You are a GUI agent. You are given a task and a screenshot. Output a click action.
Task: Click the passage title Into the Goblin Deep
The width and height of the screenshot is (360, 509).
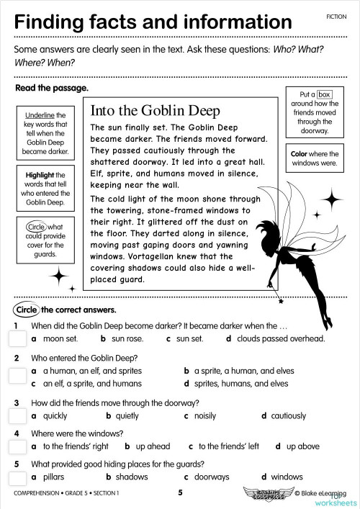point(154,112)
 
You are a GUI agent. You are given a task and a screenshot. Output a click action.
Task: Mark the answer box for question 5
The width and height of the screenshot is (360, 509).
point(17,472)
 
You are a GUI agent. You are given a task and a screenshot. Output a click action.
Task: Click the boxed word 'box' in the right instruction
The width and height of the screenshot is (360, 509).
point(324,94)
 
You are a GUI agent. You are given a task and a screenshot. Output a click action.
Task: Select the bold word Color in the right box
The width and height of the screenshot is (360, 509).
point(300,154)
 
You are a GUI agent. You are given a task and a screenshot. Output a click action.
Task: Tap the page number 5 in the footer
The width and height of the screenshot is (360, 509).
point(181,492)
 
